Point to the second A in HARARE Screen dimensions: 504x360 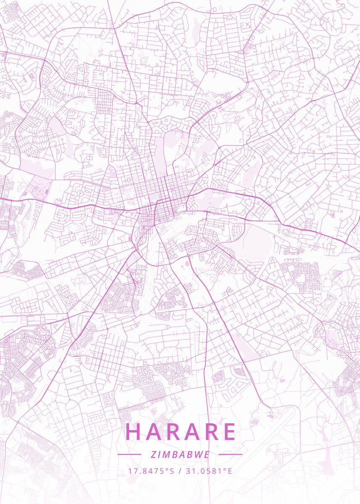pyautogui.click(x=192, y=432)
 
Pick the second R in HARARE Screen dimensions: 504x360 pyautogui.click(x=211, y=432)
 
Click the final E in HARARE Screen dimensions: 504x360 pyautogui.click(x=229, y=432)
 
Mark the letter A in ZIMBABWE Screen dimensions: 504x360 pyautogui.click(x=184, y=454)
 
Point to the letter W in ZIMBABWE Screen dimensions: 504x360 pyautogui.click(x=200, y=454)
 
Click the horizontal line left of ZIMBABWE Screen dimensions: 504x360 pyautogui.click(x=129, y=454)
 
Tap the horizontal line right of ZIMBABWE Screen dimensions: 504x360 pyautogui.click(x=231, y=454)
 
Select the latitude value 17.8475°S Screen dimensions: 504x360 pyautogui.click(x=151, y=471)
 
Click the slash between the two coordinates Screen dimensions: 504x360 pyautogui.click(x=180, y=471)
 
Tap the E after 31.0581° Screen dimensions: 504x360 pyautogui.click(x=229, y=471)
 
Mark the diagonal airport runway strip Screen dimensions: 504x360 pyautogui.click(x=273, y=433)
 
